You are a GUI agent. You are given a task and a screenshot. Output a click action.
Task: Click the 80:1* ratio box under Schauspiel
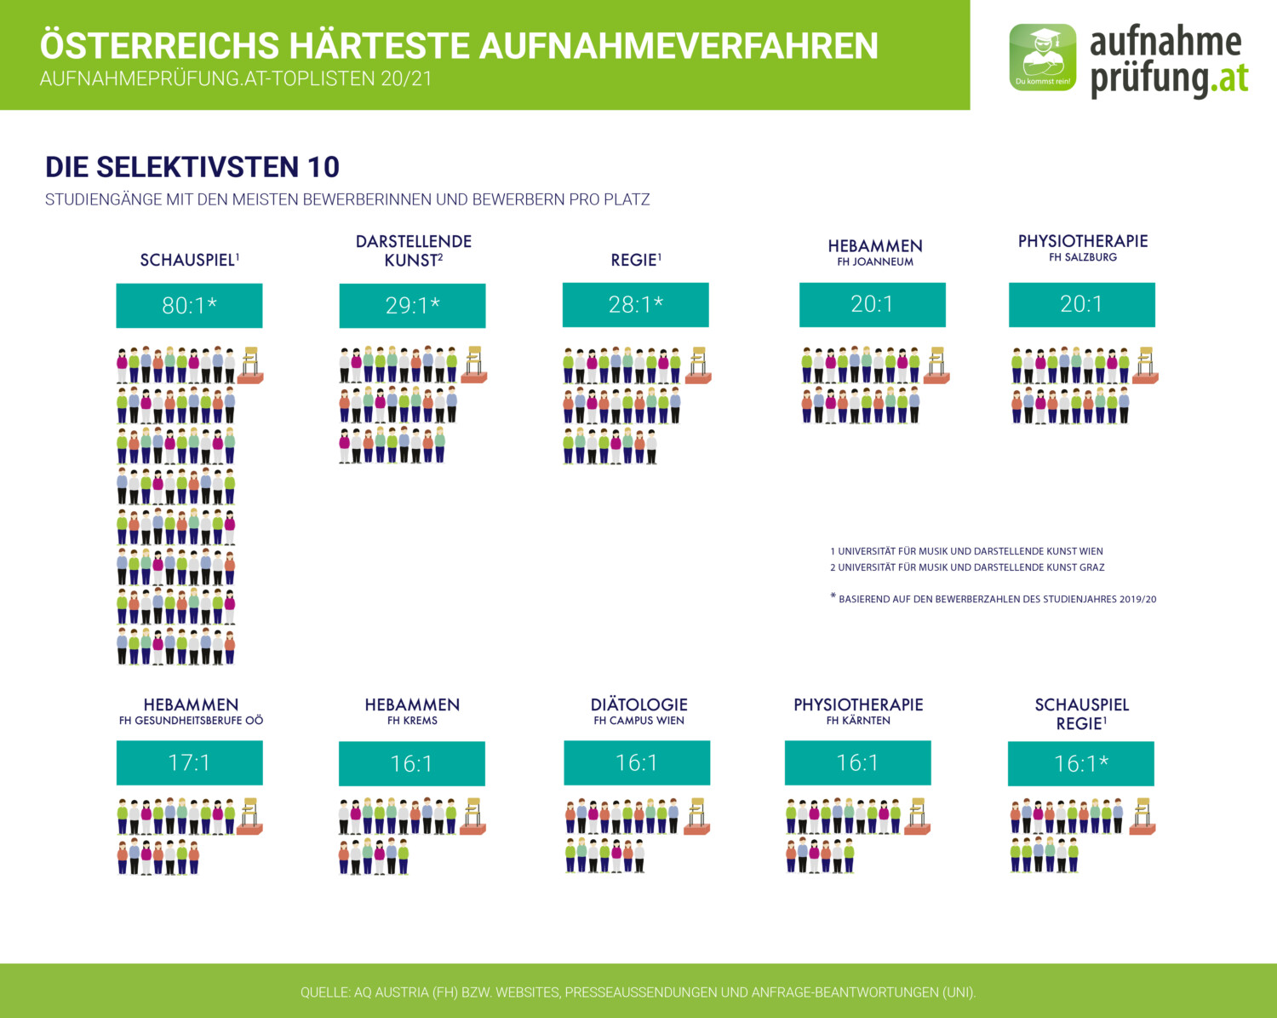coord(189,305)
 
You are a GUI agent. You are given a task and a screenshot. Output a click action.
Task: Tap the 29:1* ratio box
coord(412,305)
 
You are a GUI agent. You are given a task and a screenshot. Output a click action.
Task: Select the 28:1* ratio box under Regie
coord(635,305)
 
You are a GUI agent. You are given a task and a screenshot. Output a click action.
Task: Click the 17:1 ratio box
coord(189,762)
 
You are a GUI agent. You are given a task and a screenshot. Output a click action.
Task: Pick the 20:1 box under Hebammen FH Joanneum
coord(872,304)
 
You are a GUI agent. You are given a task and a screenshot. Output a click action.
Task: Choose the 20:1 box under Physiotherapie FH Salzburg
coord(1081,304)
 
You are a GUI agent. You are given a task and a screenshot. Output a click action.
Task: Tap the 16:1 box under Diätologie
coord(637,762)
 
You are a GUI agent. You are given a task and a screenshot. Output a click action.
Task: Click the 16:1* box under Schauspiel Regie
coord(1081,763)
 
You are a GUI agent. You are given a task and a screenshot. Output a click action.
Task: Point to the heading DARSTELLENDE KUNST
coord(414,250)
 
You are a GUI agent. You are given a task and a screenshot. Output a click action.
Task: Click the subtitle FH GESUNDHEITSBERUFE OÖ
coord(191,721)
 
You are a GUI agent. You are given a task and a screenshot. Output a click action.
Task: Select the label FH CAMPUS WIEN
coord(638,721)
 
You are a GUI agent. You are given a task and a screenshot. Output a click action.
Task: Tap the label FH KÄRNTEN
coord(858,721)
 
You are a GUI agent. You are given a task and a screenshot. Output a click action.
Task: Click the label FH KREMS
coord(412,721)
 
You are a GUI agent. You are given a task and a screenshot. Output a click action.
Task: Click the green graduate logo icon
coord(1043,57)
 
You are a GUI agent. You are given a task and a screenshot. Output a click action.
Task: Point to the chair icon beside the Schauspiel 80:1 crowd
coord(250,365)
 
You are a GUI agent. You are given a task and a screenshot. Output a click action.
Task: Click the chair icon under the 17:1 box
coord(249,816)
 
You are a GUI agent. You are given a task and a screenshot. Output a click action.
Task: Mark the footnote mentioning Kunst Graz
coord(967,567)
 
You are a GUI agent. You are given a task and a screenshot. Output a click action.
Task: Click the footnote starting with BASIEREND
coord(996,599)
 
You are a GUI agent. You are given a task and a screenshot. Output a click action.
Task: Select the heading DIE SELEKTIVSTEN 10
coord(192,167)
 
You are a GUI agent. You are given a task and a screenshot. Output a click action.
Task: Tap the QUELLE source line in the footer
coord(638,992)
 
